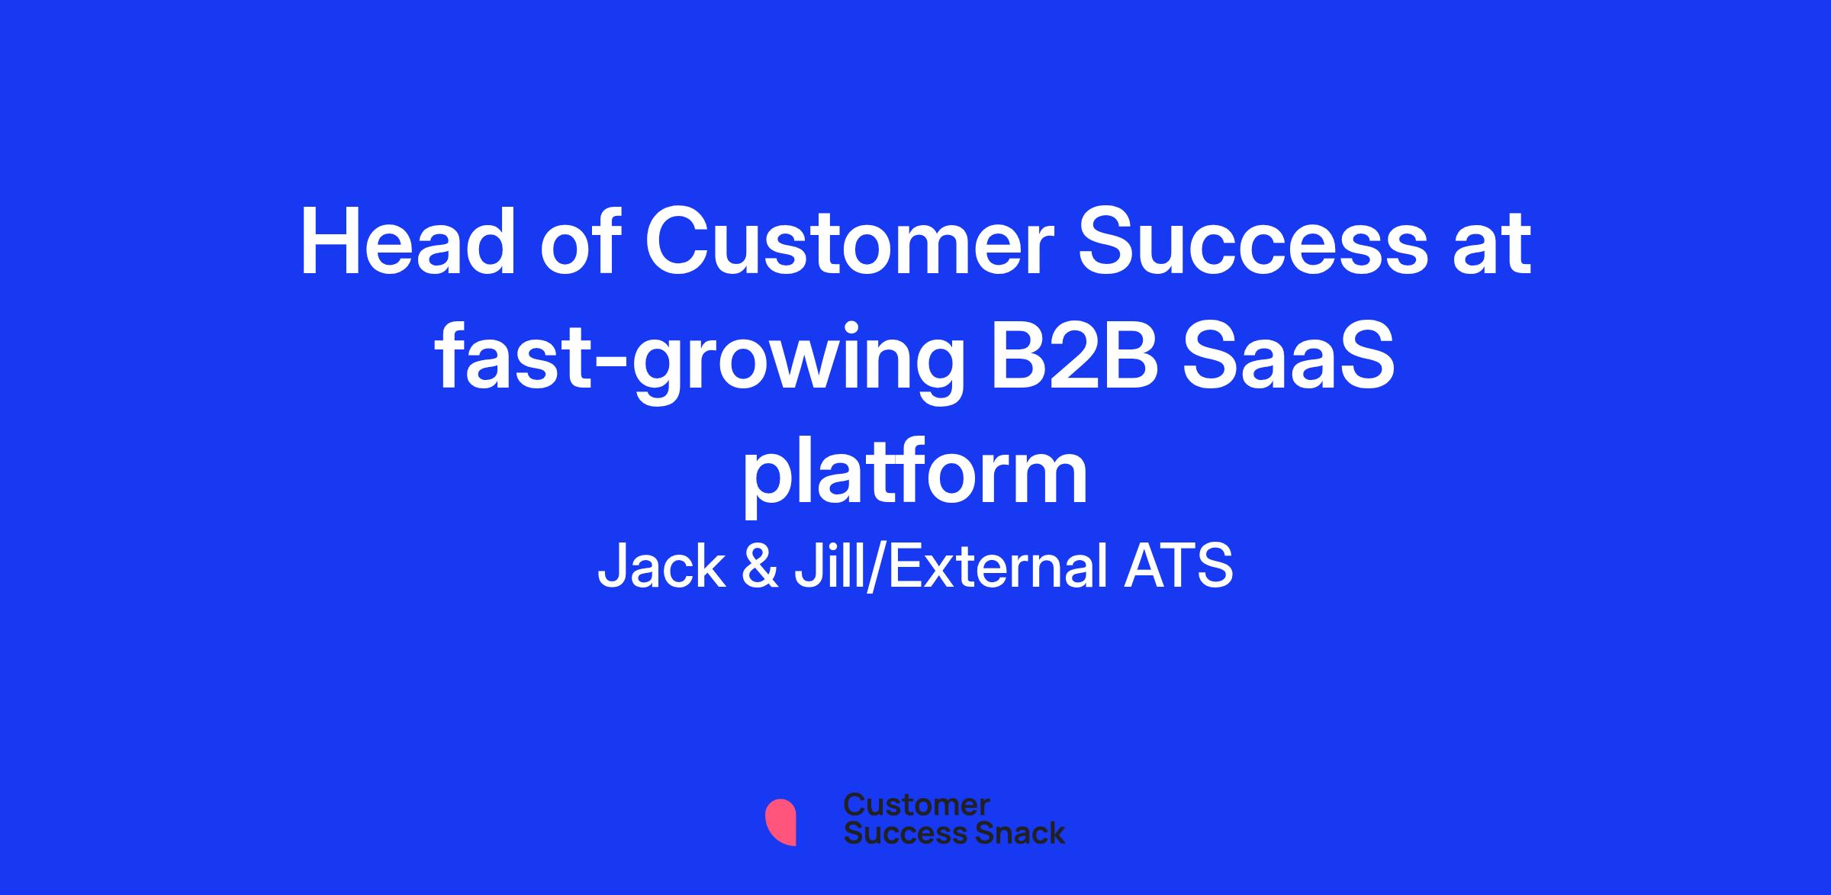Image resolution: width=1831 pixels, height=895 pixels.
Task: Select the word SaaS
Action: pos(1289,356)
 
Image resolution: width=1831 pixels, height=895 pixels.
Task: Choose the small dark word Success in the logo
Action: pos(896,832)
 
